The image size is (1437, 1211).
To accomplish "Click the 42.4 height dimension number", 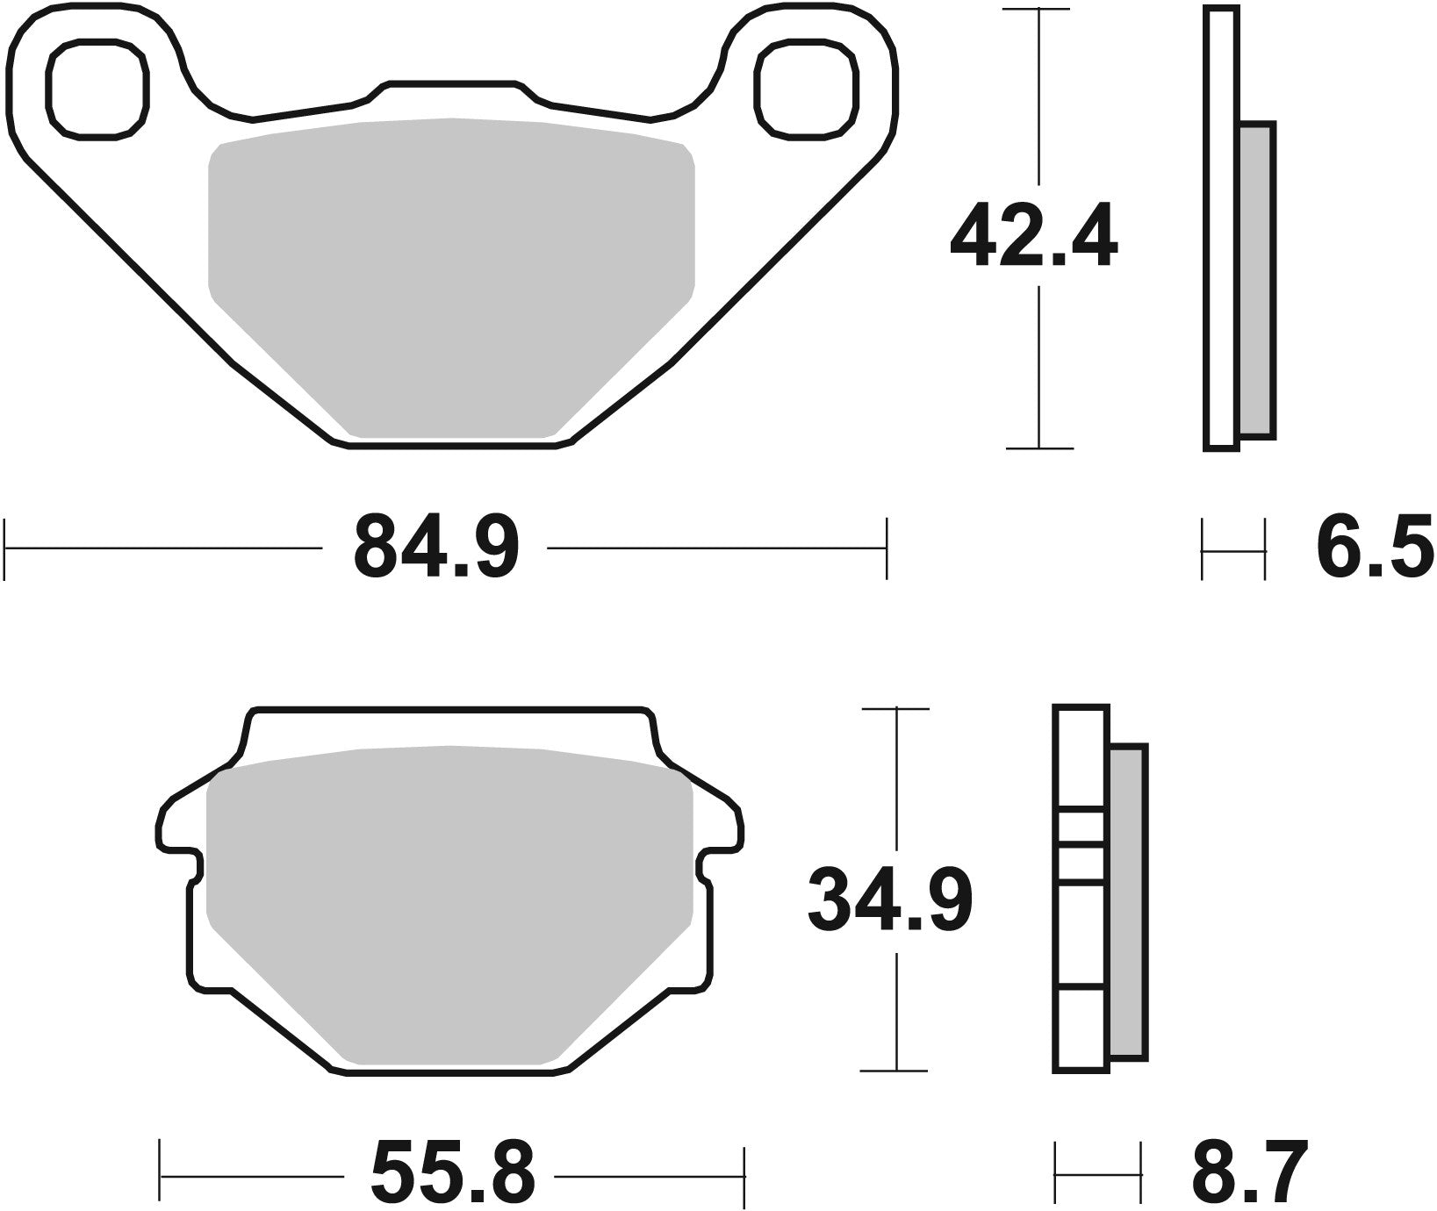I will tap(1033, 235).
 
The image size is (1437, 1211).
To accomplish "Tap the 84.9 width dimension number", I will tap(436, 548).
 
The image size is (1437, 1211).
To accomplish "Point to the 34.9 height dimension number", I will tap(890, 900).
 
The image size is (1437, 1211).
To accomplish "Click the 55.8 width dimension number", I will tap(452, 1173).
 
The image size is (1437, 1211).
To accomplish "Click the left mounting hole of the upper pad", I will tap(96, 88).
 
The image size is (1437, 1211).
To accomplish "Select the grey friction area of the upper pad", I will tap(451, 272).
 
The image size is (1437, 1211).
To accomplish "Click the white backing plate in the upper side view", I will tap(1221, 228).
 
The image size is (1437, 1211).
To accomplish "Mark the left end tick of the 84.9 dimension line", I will tap(6, 548).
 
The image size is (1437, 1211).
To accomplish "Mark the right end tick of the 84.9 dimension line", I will tap(887, 548).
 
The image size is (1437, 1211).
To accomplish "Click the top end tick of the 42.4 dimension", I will tap(1039, 10).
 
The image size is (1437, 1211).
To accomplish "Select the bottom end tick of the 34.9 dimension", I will tap(894, 1071).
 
